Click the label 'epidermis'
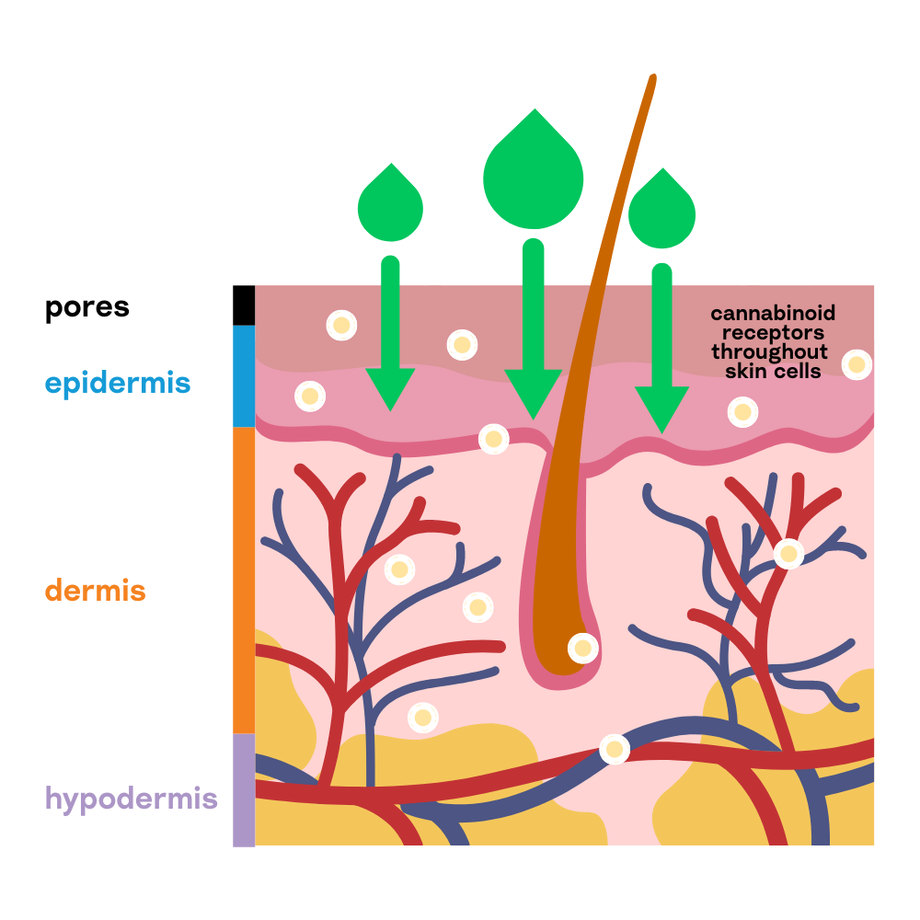click(x=118, y=383)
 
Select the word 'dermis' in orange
click(x=96, y=590)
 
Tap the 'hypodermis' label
click(x=132, y=798)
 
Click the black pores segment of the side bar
click(x=243, y=305)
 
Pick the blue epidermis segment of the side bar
click(x=243, y=375)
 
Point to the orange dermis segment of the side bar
click(x=243, y=580)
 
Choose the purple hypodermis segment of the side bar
click(x=243, y=789)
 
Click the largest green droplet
click(x=534, y=179)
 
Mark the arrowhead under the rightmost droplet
click(x=661, y=410)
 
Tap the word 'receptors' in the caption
click(x=773, y=333)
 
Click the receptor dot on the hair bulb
click(x=582, y=649)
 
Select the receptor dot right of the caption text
click(x=857, y=364)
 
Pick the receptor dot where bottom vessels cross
click(x=615, y=749)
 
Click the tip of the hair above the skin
click(x=652, y=78)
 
